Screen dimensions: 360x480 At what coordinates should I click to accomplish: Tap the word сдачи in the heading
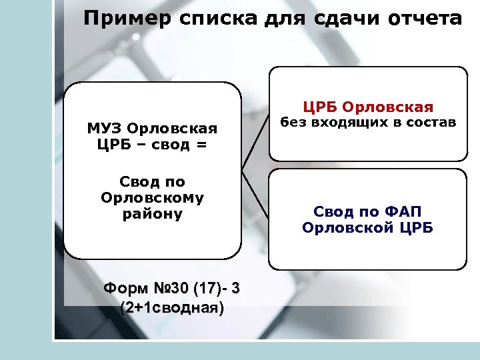339,19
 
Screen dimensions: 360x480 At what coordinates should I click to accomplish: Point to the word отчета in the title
424,19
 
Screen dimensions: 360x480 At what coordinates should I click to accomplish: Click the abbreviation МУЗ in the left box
105,128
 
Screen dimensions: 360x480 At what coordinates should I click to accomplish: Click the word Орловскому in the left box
152,198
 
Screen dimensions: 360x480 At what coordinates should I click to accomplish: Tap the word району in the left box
152,214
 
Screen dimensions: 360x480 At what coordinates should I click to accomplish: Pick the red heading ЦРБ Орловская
368,107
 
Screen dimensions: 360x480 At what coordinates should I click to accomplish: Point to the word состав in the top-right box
431,123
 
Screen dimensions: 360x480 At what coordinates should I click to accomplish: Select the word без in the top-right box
291,123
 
